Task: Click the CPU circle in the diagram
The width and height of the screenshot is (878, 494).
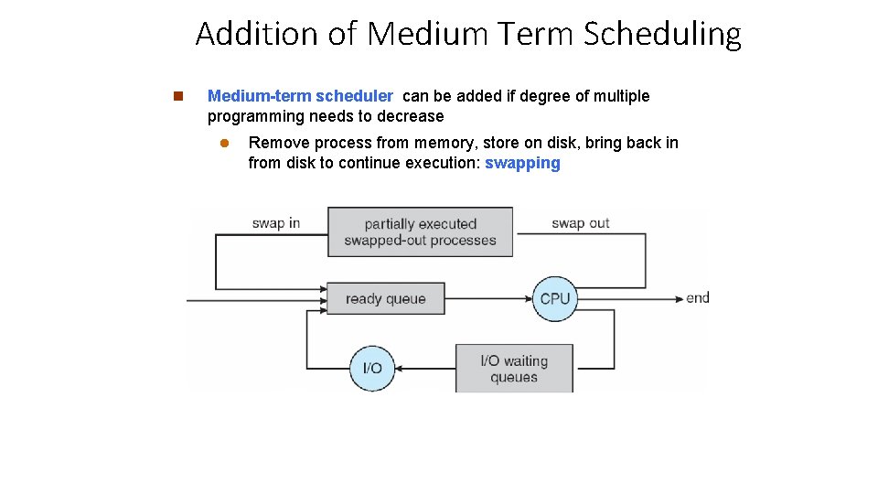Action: coord(555,298)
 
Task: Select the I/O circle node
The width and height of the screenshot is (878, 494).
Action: coord(372,368)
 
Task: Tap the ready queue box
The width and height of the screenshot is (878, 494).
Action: coord(385,298)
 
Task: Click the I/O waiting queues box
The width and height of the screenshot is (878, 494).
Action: coord(514,369)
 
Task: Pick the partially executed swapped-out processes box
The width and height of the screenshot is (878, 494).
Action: coord(420,232)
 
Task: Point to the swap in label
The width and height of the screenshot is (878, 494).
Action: coord(276,223)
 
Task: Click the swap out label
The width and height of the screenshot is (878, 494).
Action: coord(580,223)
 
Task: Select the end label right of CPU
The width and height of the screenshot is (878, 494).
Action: coord(698,297)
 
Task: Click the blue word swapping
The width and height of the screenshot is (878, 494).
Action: coord(522,163)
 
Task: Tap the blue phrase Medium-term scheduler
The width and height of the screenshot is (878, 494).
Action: coord(300,96)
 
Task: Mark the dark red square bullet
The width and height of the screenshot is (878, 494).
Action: coord(177,96)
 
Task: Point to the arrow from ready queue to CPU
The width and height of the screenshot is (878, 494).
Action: coord(489,298)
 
